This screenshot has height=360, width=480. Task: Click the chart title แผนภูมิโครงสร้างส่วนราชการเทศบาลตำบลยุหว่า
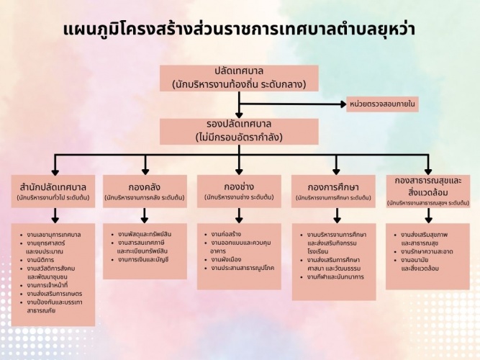pos(239,30)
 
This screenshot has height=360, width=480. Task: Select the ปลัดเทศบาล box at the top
pos(239,78)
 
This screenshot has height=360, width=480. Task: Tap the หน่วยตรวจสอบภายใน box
pos(382,104)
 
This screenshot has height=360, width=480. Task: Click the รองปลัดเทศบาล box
pos(239,130)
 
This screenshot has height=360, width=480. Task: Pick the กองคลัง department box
pos(145,190)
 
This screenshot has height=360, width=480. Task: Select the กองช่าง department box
pos(239,190)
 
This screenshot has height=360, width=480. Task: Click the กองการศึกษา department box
pos(333,190)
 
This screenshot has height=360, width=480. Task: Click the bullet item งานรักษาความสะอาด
pos(428,251)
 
